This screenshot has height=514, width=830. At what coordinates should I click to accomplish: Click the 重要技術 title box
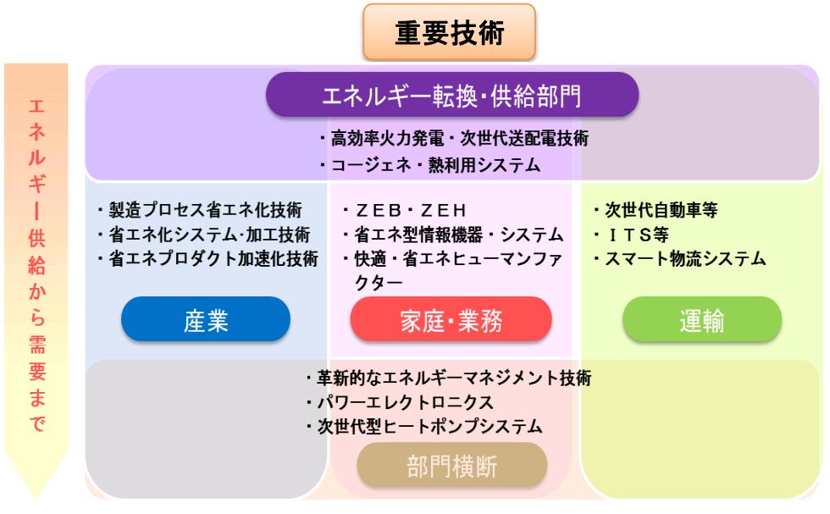pyautogui.click(x=449, y=32)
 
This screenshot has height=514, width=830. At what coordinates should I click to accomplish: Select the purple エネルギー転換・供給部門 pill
pyautogui.click(x=452, y=95)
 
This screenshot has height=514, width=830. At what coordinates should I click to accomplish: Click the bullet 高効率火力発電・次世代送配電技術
pyautogui.click(x=454, y=139)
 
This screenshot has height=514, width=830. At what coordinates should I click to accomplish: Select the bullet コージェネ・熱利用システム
pyautogui.click(x=430, y=165)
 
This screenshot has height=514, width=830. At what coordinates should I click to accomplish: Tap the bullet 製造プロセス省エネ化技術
pyautogui.click(x=200, y=210)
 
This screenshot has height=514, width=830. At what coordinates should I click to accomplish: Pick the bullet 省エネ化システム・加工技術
pyautogui.click(x=204, y=235)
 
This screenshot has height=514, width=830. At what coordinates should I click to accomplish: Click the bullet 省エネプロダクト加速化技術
pyautogui.click(x=207, y=259)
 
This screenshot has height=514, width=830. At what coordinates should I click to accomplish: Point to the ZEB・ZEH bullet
pyautogui.click(x=405, y=211)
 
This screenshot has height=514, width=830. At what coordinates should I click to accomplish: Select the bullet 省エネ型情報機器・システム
pyautogui.click(x=453, y=235)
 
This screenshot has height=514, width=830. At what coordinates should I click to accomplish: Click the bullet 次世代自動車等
pyautogui.click(x=656, y=210)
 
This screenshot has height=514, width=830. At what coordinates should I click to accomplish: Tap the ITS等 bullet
pyautogui.click(x=631, y=235)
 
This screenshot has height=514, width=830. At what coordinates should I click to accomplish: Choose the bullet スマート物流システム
pyautogui.click(x=679, y=259)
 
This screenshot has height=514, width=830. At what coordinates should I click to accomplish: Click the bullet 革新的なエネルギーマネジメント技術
pyautogui.click(x=448, y=378)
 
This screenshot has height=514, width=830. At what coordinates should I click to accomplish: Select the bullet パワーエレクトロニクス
pyautogui.click(x=400, y=402)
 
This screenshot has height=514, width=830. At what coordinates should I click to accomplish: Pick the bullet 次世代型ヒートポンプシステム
pyautogui.click(x=424, y=427)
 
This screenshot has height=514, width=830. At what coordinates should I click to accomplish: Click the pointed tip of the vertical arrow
pyautogui.click(x=36, y=499)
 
